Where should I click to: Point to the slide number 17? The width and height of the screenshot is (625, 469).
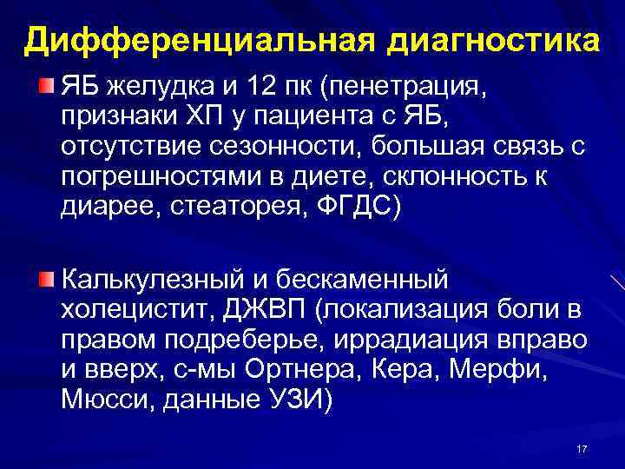[x=582, y=448]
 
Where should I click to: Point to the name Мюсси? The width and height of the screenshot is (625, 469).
[x=95, y=400]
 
